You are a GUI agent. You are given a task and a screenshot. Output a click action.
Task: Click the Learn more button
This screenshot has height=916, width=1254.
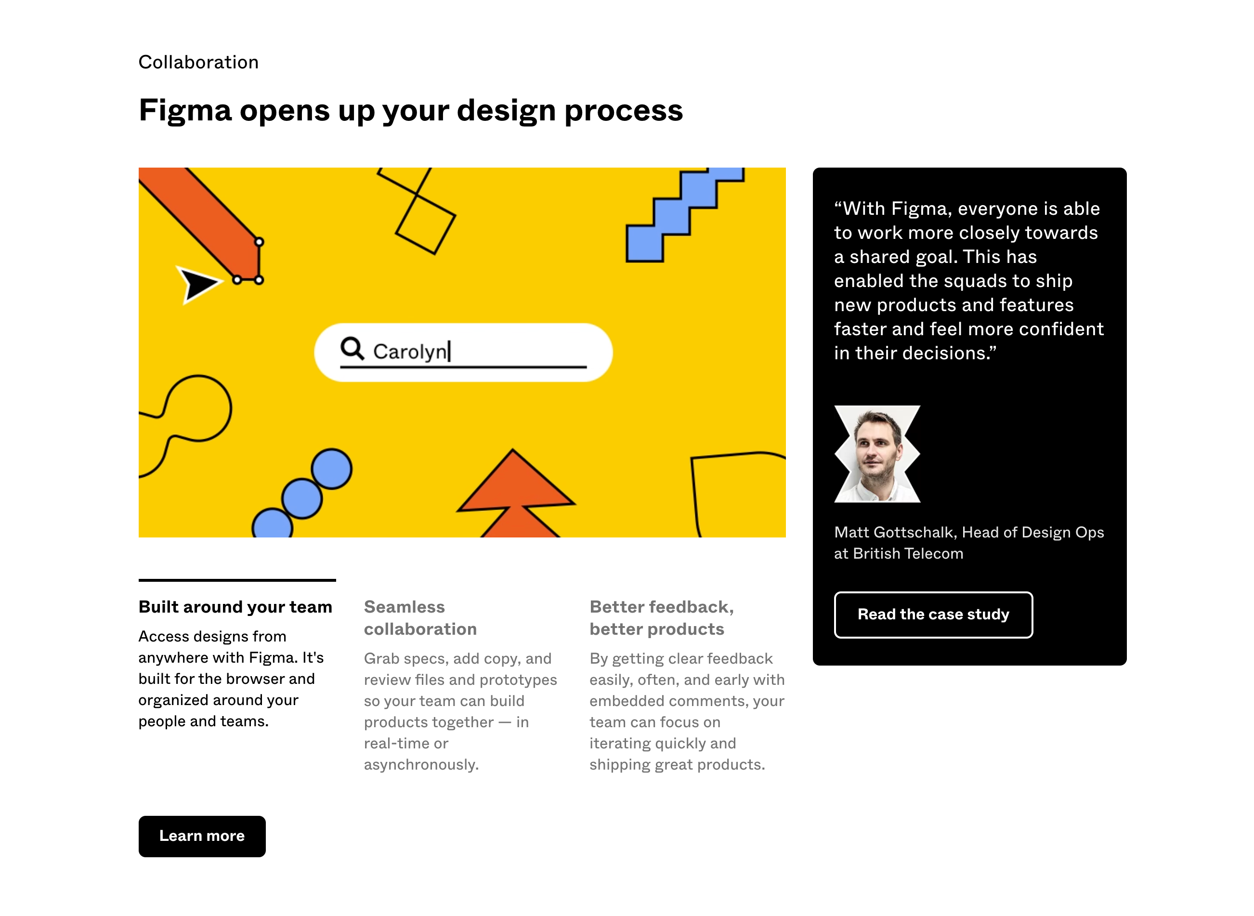tap(202, 836)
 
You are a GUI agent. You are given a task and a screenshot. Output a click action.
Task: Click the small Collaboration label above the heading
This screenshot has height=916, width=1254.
tap(198, 62)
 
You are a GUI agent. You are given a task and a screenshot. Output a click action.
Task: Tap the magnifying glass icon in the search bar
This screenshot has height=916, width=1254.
tap(352, 349)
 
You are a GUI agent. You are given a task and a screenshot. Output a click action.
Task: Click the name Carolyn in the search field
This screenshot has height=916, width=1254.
tap(410, 352)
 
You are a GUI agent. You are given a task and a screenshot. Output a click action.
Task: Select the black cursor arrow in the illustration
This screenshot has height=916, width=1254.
tap(197, 284)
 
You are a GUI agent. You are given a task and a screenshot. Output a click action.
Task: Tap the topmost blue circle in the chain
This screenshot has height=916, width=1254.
tap(331, 469)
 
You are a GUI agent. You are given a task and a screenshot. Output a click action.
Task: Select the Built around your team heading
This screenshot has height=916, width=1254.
tap(235, 607)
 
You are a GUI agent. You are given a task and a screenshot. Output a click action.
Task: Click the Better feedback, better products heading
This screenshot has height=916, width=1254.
tap(661, 618)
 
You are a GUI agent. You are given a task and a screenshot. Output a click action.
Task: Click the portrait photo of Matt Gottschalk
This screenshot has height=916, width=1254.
tap(876, 454)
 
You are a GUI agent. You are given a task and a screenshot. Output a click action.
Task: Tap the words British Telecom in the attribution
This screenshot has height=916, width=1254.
tap(908, 553)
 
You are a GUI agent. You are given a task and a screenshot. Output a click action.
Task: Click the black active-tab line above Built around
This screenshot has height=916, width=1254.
tap(237, 580)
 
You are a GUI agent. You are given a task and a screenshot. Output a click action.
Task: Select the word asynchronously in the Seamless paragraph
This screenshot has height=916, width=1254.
tap(421, 765)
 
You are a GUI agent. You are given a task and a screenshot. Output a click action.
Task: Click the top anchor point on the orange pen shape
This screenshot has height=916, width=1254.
tap(259, 242)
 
